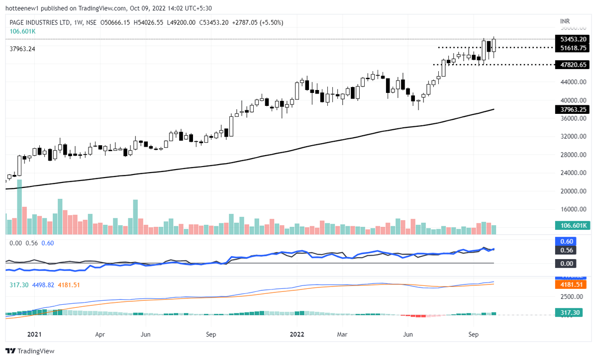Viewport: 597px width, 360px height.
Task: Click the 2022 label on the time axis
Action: click(x=297, y=335)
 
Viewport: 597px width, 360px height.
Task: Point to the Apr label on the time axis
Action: click(x=100, y=335)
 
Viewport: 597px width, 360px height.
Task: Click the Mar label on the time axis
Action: click(x=342, y=335)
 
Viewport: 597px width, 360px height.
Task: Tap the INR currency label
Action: click(x=565, y=21)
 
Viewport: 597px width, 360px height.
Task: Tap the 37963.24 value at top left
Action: click(x=22, y=49)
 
